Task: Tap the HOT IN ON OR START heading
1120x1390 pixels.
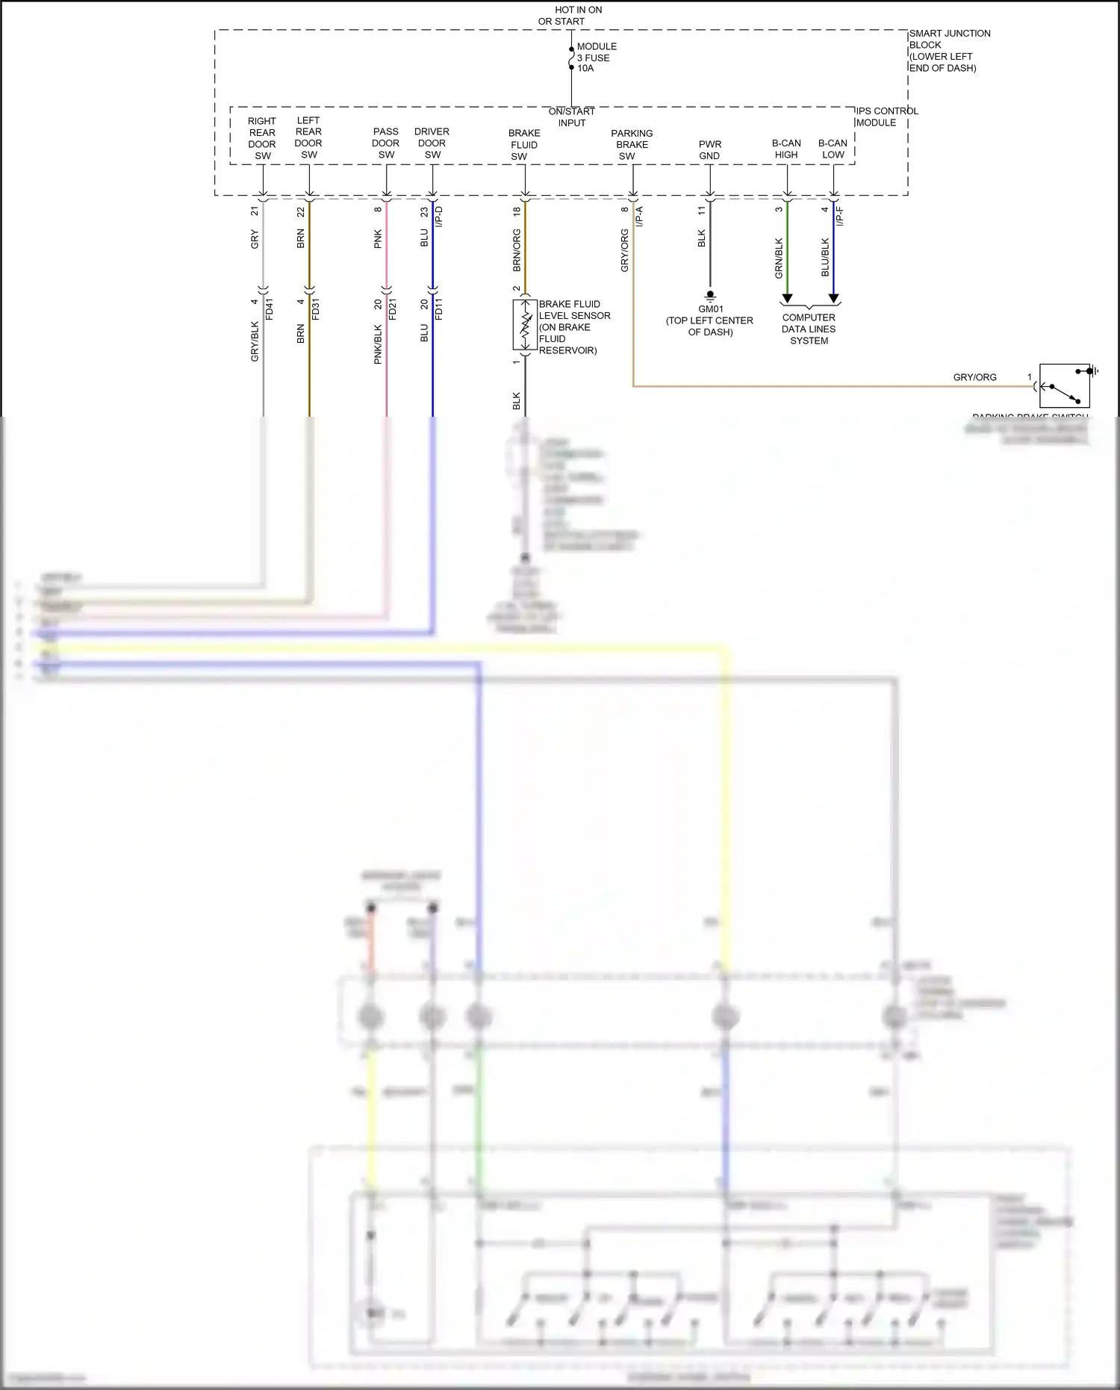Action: tap(570, 16)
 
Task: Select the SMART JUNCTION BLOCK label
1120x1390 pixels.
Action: tap(948, 51)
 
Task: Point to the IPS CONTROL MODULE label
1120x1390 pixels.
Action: tap(886, 117)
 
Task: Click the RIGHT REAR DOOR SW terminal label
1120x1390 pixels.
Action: tap(262, 138)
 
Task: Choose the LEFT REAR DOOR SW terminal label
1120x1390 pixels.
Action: tap(308, 137)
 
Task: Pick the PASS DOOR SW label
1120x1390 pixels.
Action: tap(386, 143)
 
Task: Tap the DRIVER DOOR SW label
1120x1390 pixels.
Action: tap(432, 143)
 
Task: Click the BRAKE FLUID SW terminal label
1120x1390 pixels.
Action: tap(523, 145)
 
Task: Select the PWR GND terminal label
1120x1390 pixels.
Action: tap(709, 150)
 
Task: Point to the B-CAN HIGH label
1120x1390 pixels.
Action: tap(786, 149)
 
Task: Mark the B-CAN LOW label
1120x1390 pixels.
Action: tap(833, 149)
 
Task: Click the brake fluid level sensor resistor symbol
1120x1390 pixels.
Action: tap(525, 325)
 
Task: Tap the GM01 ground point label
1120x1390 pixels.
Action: tap(710, 308)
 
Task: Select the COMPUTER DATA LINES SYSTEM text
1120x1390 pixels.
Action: tap(809, 329)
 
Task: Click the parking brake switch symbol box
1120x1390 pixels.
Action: tap(1064, 385)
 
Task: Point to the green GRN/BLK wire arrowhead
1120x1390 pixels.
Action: tap(787, 298)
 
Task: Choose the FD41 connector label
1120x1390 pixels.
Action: tap(270, 308)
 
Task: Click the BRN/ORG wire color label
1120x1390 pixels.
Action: tap(517, 250)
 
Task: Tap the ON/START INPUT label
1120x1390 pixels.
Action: tap(571, 117)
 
